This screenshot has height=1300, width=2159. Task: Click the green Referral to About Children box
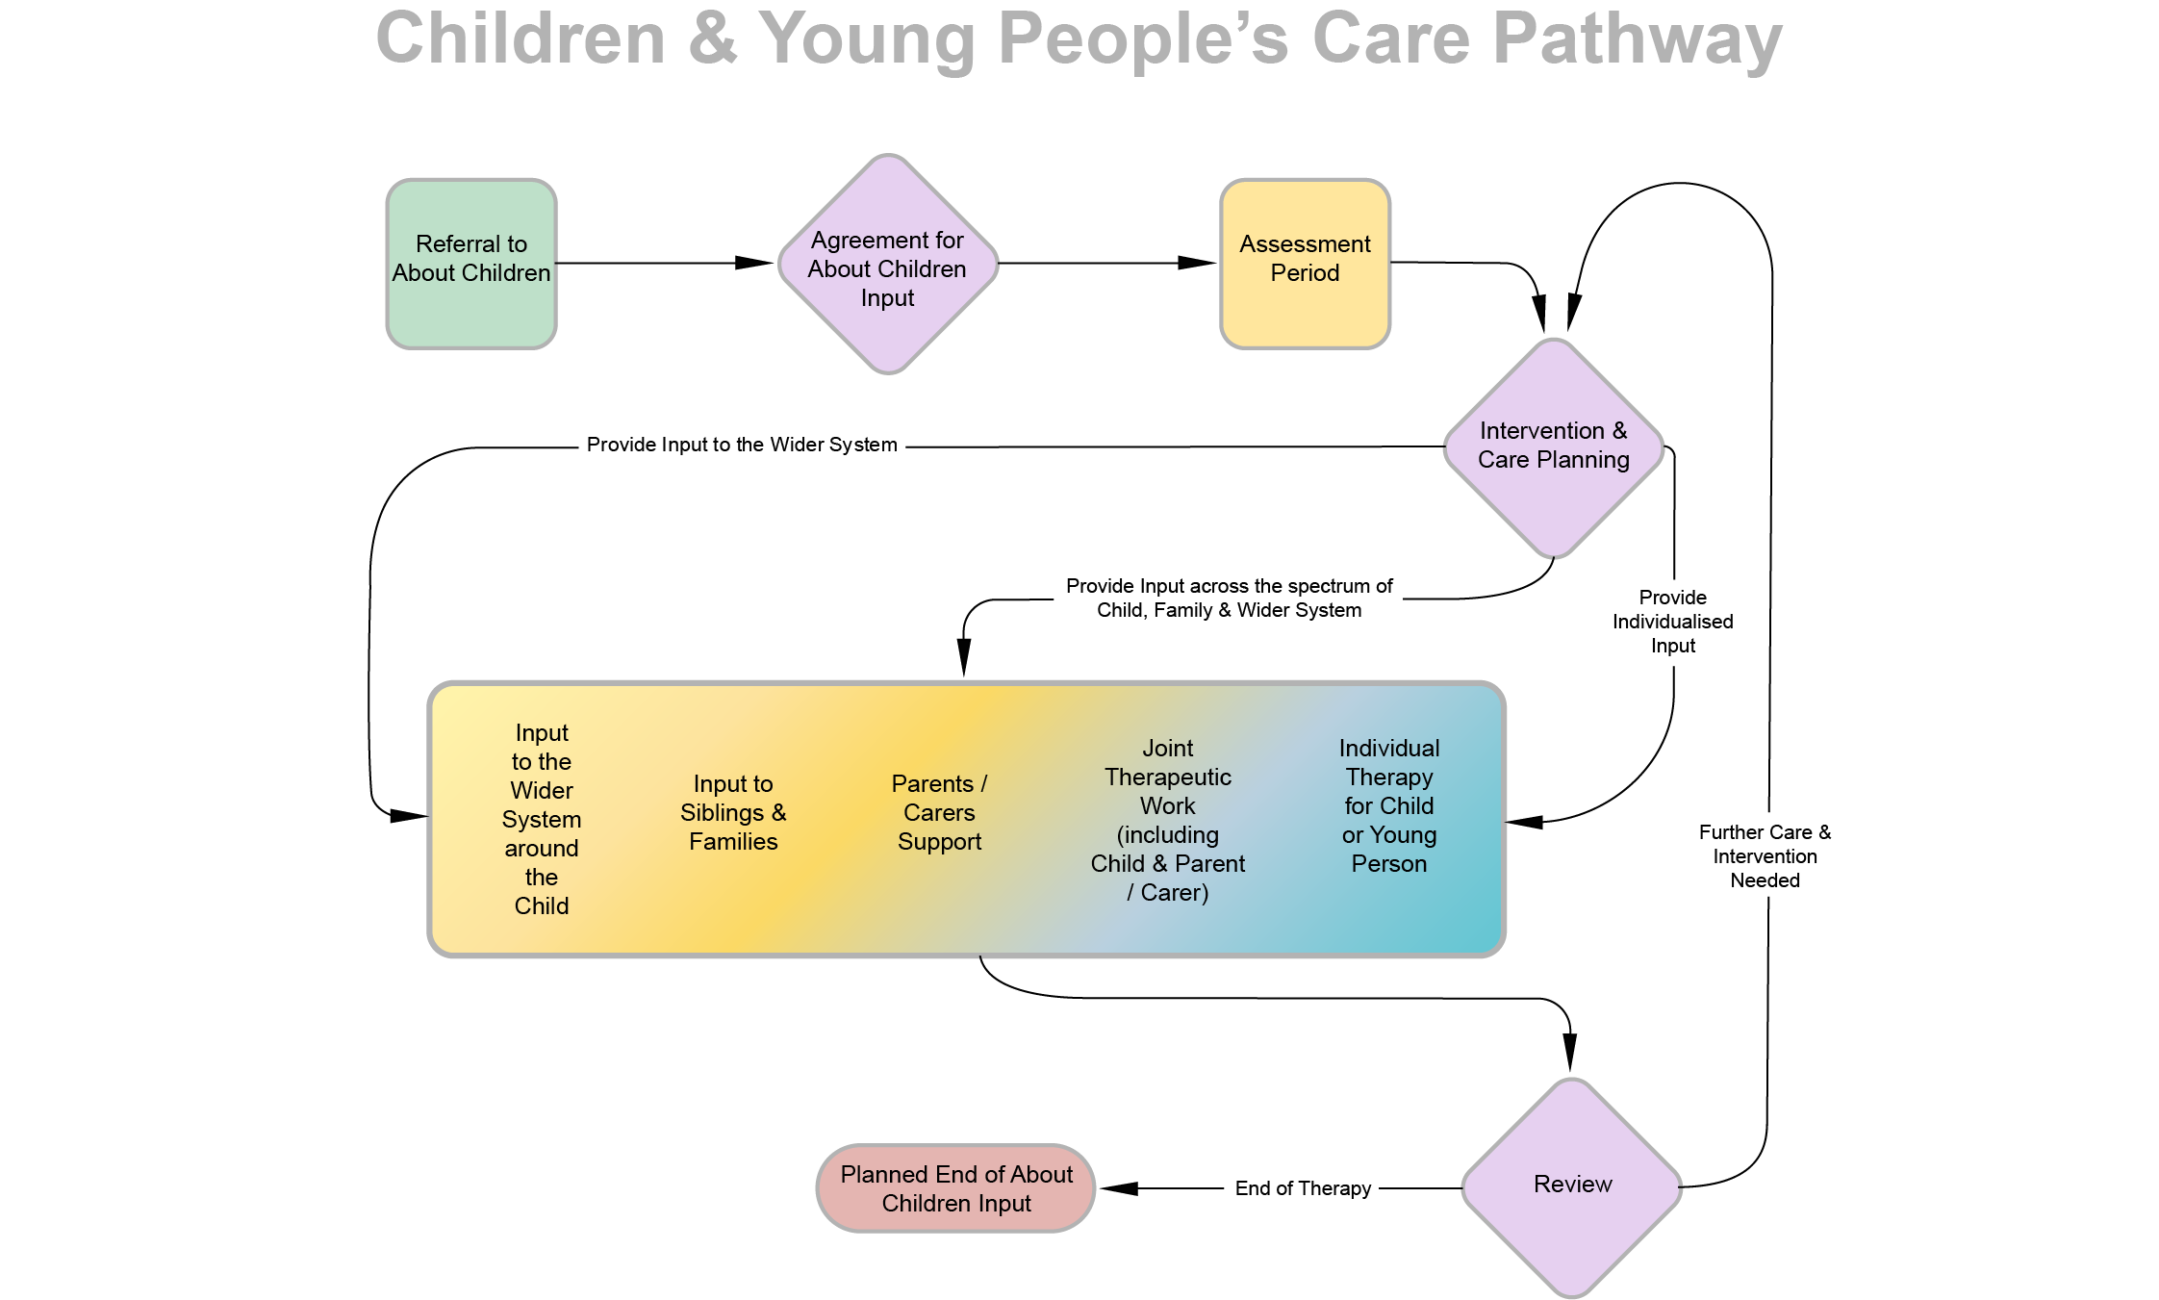471,264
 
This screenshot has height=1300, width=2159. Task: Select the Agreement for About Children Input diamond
888,264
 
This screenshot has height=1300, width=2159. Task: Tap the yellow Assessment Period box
1305,264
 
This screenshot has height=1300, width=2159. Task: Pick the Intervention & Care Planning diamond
1554,447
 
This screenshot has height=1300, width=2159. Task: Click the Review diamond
1572,1187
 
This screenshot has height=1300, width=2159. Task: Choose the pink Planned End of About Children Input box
956,1188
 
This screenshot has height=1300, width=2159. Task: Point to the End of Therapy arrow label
1303,1188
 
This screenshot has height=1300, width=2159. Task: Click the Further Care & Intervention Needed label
1765,855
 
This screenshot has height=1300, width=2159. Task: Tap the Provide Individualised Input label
1673,622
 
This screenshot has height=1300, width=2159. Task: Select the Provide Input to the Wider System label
742,445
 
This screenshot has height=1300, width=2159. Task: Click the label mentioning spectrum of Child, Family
1229,598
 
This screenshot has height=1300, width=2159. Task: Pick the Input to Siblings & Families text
733,813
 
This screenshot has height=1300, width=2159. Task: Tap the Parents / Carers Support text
939,813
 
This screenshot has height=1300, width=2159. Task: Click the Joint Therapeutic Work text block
1168,820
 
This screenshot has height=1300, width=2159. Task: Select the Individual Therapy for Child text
1389,805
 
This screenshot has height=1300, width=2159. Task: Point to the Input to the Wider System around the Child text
542,819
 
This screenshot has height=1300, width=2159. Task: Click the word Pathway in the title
1638,40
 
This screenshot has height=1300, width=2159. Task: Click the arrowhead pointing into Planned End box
1119,1188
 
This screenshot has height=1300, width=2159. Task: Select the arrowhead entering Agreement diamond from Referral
754,263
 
